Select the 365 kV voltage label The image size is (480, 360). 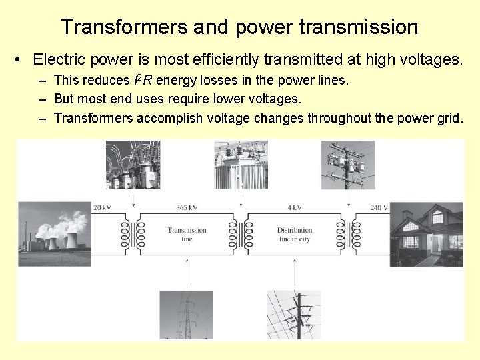click(x=187, y=207)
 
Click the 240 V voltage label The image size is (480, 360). click(x=380, y=207)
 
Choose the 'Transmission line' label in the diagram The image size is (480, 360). click(x=187, y=234)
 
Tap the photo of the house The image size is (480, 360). click(x=427, y=230)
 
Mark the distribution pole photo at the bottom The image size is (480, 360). click(x=293, y=315)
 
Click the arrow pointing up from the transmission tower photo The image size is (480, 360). click(x=187, y=273)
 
